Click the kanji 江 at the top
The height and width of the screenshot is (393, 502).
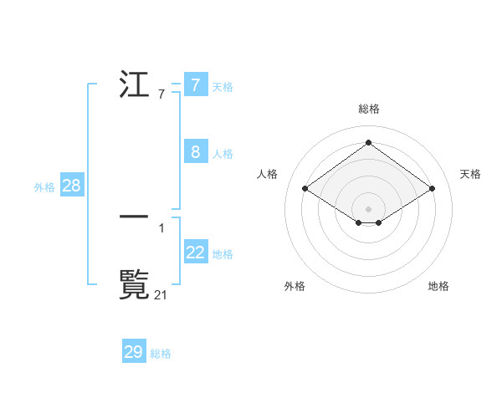point(135,85)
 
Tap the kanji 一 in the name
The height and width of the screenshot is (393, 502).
point(135,215)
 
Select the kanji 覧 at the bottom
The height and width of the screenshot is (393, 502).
point(135,284)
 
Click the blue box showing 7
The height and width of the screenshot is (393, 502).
point(195,85)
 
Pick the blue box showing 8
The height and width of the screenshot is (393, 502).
point(195,152)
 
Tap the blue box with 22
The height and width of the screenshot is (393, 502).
point(195,252)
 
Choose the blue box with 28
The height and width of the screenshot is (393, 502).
point(71,186)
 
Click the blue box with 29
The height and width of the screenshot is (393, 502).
point(133,352)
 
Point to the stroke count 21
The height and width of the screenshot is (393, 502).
point(161,294)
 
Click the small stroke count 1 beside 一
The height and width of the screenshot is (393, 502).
point(161,227)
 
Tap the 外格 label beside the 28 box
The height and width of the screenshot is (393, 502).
point(44,187)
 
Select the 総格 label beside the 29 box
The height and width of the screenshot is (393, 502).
point(161,354)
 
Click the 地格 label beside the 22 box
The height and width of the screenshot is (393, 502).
point(223,253)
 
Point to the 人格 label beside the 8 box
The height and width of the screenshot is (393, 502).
point(223,154)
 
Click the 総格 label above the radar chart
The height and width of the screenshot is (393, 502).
point(369,109)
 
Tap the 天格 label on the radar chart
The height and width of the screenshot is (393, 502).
point(470,174)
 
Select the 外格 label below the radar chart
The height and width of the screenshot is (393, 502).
point(295,287)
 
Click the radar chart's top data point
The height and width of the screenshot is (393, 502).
point(369,143)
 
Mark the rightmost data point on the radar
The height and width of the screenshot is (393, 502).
point(432,189)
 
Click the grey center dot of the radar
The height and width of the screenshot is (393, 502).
point(369,209)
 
